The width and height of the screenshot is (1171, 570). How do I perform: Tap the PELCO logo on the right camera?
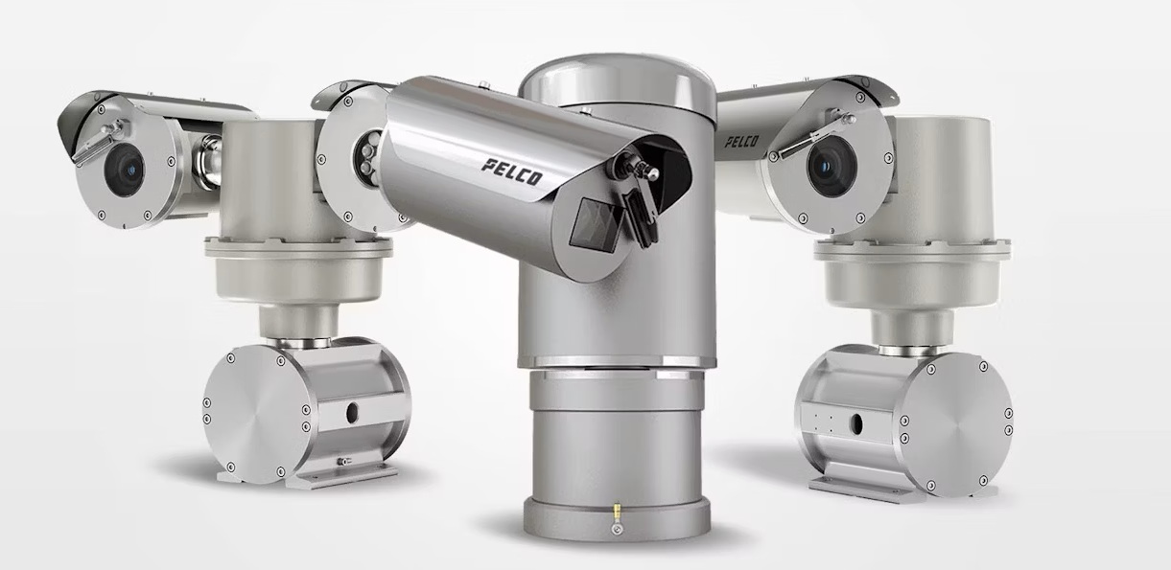pos(741,141)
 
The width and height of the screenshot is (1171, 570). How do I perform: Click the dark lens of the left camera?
pos(125,171)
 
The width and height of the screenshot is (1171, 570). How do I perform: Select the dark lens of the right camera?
pos(831,167)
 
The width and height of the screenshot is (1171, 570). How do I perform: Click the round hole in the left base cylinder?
pos(352,413)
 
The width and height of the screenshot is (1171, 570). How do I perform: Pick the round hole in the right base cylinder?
pos(856,423)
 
